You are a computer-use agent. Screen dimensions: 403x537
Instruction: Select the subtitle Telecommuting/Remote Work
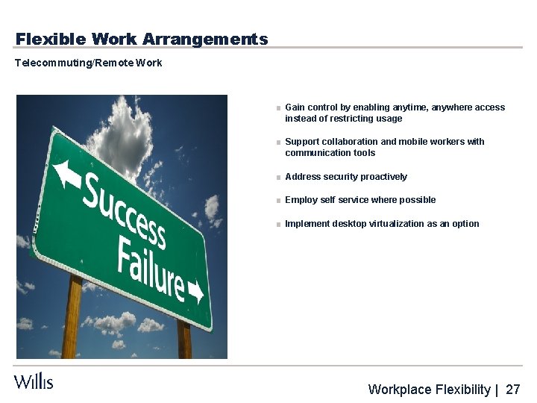pyautogui.click(x=88, y=63)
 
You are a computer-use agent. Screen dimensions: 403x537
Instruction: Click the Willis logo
pyautogui.click(x=34, y=381)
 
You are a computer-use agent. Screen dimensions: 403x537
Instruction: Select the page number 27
pyautogui.click(x=513, y=390)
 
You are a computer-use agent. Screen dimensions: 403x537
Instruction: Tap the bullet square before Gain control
pyautogui.click(x=277, y=108)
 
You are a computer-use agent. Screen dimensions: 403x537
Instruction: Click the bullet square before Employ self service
pyautogui.click(x=277, y=201)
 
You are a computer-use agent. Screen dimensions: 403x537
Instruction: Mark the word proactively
pyautogui.click(x=383, y=177)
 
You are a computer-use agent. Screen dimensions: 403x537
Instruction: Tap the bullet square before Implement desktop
pyautogui.click(x=277, y=225)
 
